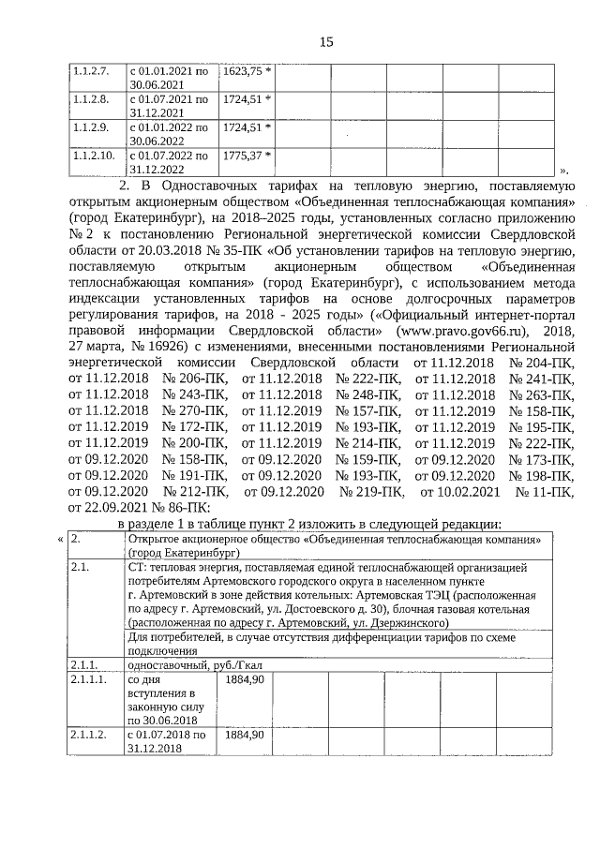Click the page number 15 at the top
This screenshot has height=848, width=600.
tap(326, 41)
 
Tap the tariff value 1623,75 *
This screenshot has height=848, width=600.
tap(247, 70)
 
